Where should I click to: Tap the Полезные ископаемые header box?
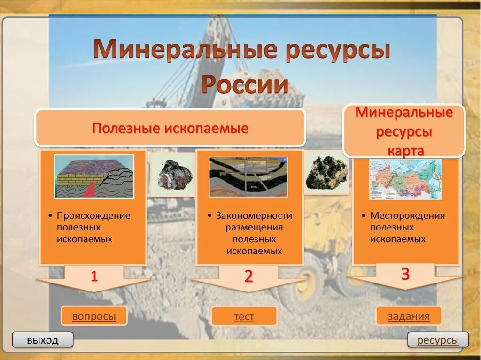point(170,128)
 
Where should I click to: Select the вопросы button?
point(94,316)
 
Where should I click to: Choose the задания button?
point(409,316)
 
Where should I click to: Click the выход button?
point(43,340)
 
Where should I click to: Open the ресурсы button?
point(438,340)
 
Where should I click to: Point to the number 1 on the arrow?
point(94,276)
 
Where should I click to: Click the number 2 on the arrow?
point(248,276)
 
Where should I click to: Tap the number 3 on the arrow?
point(405,274)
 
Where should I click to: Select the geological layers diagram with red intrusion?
point(94,176)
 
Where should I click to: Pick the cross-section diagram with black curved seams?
point(248,176)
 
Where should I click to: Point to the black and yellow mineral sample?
point(326,172)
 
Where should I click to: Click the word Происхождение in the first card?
point(93,216)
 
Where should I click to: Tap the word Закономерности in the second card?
point(254,216)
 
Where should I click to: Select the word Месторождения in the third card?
point(407,216)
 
